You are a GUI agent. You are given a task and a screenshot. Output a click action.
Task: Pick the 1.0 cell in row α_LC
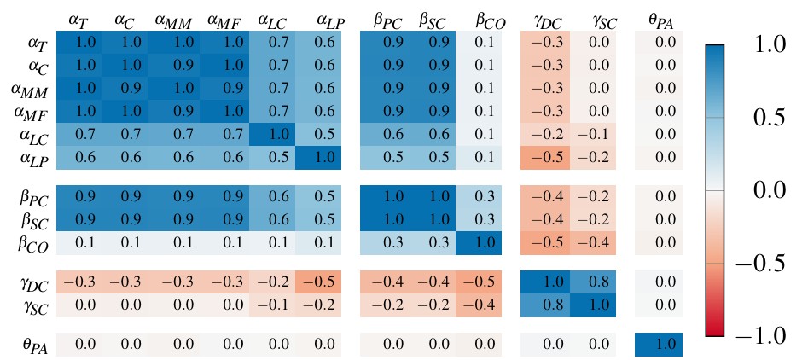272,135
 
